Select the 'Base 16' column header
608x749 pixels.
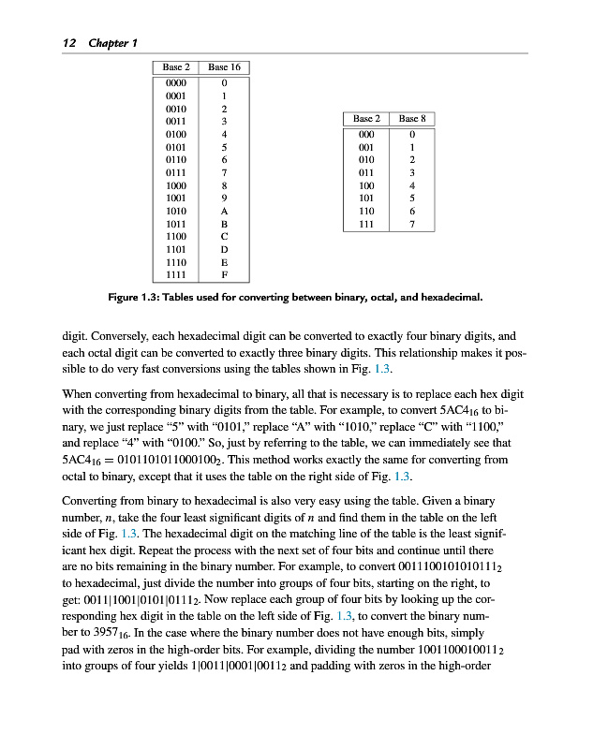(224, 67)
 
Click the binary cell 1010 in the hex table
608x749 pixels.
(176, 212)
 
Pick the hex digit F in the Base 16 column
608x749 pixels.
(224, 276)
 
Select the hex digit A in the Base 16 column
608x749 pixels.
(224, 212)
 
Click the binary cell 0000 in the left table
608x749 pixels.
(176, 82)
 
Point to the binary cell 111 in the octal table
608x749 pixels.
(366, 225)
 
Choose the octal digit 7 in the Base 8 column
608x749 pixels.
(412, 225)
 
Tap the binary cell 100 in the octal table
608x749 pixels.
(366, 185)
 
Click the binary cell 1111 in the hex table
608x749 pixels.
(176, 276)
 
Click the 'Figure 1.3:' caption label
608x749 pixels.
(136, 299)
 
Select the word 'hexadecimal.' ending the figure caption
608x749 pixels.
(450, 299)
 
